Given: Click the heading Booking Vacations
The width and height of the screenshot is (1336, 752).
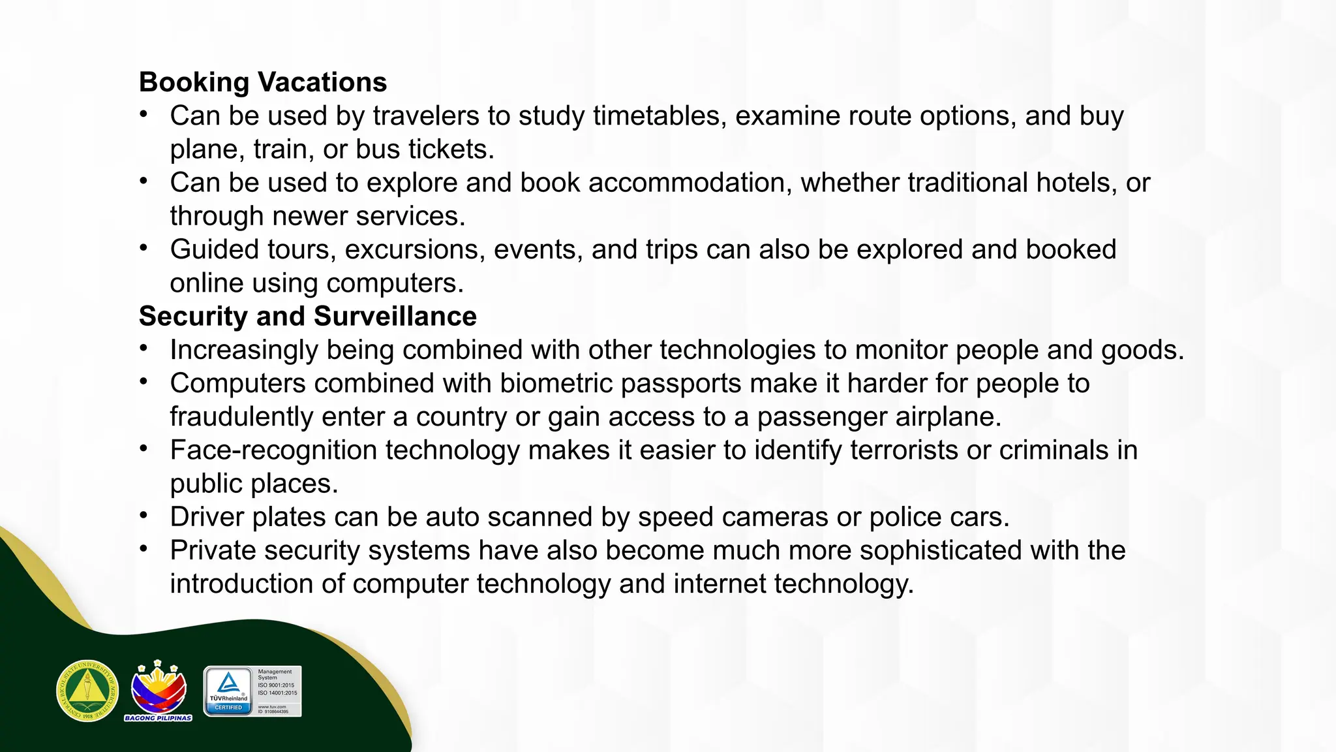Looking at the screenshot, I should tap(263, 82).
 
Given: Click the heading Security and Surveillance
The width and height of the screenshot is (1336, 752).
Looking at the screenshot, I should tap(308, 317).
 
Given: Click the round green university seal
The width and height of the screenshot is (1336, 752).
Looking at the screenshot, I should tap(87, 691).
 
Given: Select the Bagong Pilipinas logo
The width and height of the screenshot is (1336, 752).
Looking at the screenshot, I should tap(159, 691).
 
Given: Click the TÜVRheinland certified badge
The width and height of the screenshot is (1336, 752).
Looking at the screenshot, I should tap(252, 691).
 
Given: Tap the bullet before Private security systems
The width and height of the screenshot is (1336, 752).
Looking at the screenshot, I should tap(144, 549).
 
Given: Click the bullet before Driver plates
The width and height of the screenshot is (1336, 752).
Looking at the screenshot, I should tap(144, 516).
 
